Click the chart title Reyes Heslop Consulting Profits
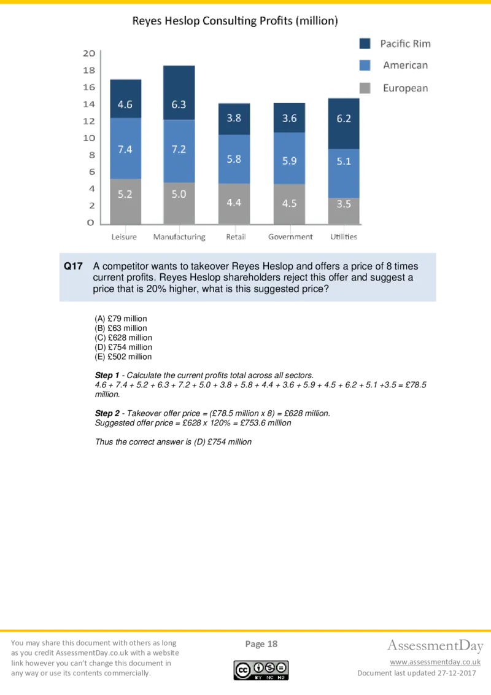point(235,21)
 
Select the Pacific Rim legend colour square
point(365,43)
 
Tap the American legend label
point(405,65)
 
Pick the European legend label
point(405,88)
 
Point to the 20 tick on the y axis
point(89,53)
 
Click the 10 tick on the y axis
point(89,138)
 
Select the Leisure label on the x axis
point(124,236)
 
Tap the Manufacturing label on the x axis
point(179,236)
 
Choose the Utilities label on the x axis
point(344,236)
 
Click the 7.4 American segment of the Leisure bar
point(125,149)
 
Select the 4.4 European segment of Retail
point(234,202)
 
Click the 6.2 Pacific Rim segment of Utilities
point(344,118)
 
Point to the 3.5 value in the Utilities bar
point(344,204)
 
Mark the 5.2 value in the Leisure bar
point(125,195)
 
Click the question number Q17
point(73,267)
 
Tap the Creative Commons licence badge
point(260,670)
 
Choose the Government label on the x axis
point(290,236)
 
